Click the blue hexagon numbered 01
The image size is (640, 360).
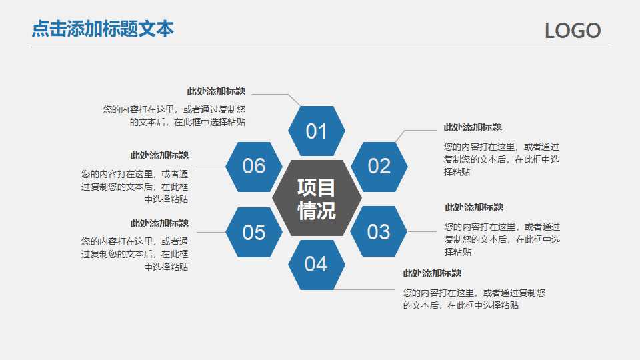(x=316, y=131)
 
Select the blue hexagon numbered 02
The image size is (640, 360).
(x=379, y=166)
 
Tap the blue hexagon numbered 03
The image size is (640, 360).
(x=379, y=231)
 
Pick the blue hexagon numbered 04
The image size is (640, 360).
(x=316, y=264)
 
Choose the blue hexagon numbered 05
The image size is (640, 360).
(x=253, y=232)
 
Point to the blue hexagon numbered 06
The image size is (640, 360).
(x=253, y=166)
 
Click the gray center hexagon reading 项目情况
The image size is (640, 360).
(x=317, y=198)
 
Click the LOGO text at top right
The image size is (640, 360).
(x=573, y=31)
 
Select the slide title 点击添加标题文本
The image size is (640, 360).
(x=103, y=29)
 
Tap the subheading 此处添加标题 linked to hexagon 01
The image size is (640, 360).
(x=215, y=91)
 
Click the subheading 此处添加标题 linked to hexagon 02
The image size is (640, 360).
(x=473, y=127)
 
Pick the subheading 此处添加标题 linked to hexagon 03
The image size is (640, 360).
(x=474, y=207)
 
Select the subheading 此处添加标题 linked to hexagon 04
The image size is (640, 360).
(x=431, y=273)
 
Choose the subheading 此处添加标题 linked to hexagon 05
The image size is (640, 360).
(x=159, y=223)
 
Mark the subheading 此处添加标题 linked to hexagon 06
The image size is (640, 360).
(x=159, y=155)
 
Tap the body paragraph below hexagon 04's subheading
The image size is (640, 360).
(x=474, y=299)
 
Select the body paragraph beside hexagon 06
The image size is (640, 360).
(x=135, y=186)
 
